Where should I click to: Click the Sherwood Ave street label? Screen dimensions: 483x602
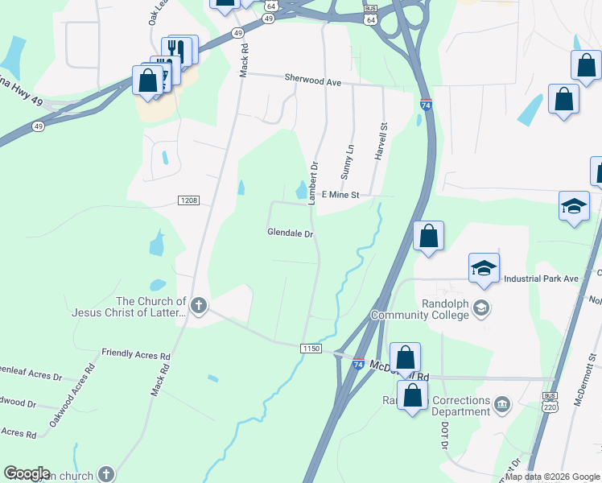[x=313, y=80]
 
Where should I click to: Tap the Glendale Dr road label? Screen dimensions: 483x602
[x=290, y=233]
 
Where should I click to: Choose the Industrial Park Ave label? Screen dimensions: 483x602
[x=542, y=279]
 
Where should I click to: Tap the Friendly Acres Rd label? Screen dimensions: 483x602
[x=136, y=354]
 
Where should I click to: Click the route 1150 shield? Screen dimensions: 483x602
[x=311, y=349]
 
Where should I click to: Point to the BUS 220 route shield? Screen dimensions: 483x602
[x=550, y=402]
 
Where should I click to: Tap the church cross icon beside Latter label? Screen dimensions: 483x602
[x=198, y=305]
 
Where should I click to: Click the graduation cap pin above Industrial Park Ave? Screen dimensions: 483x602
[x=484, y=269]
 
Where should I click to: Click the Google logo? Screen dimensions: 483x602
[x=27, y=473]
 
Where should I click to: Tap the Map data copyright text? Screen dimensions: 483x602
[x=552, y=477]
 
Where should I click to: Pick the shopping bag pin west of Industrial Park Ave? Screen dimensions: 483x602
[x=428, y=237]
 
